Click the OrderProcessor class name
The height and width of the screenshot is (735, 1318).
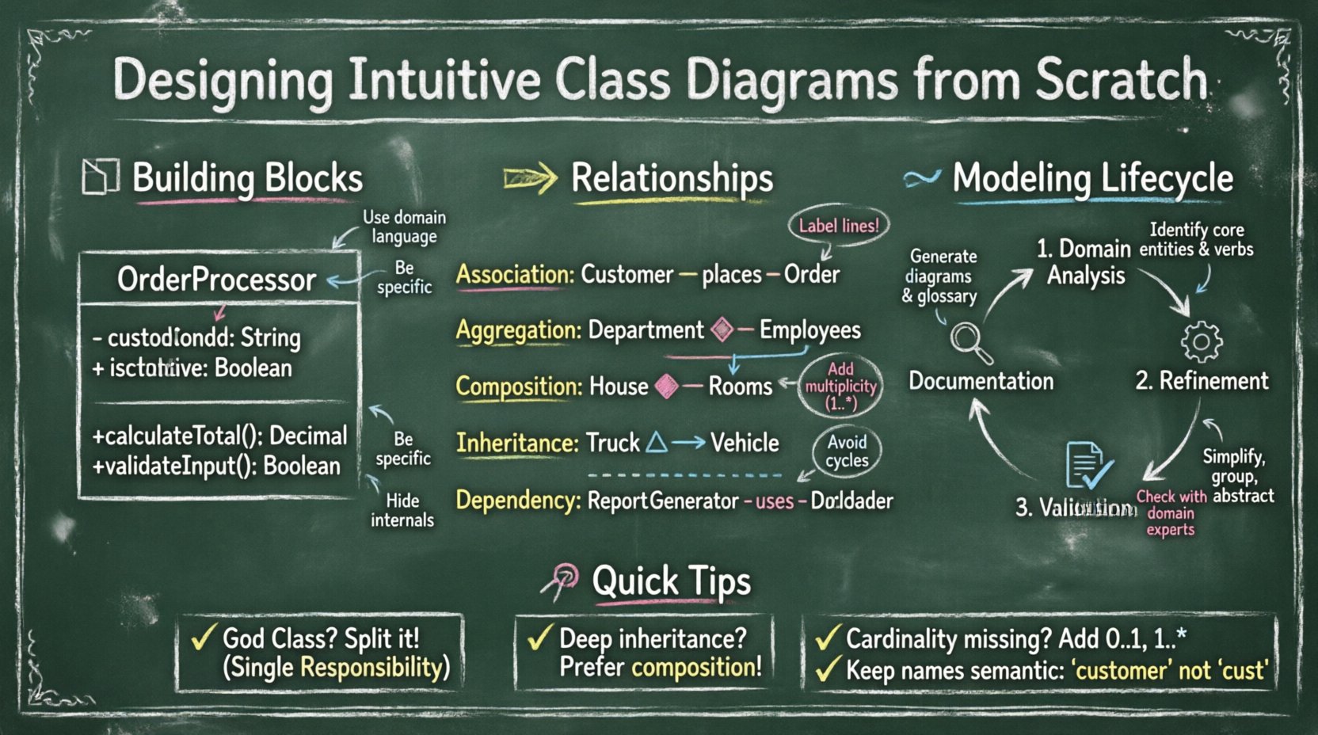(x=216, y=280)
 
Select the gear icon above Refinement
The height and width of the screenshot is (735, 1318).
(x=1202, y=341)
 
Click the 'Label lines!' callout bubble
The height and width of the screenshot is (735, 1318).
(x=839, y=227)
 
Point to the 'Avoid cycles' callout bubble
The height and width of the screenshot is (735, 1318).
(x=847, y=451)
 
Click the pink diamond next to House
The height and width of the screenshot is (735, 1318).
(x=668, y=387)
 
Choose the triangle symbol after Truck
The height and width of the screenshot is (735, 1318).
(x=657, y=442)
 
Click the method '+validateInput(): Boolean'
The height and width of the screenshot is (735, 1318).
(x=216, y=466)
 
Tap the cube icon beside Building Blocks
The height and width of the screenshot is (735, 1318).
(x=101, y=177)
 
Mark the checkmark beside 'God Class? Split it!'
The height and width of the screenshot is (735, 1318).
(x=203, y=637)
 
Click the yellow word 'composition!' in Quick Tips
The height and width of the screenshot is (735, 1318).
(x=696, y=668)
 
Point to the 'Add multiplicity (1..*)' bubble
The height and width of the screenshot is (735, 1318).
(x=840, y=387)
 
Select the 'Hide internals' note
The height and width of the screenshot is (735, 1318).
(x=402, y=510)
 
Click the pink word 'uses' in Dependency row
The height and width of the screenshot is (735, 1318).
(x=774, y=501)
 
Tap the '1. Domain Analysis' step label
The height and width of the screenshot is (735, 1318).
(x=1084, y=262)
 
